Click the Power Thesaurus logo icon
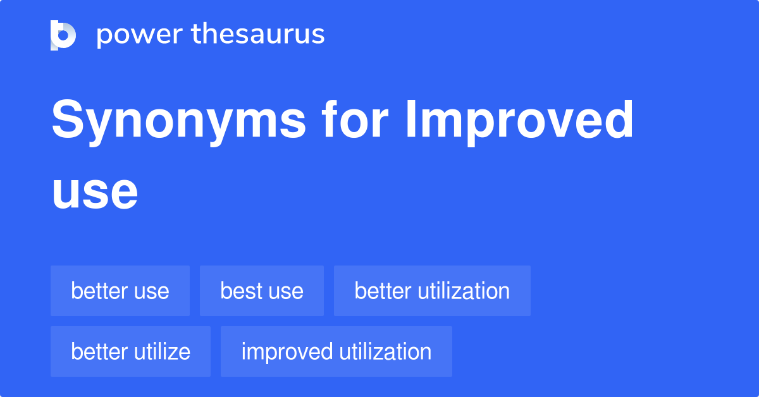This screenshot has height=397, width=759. (63, 35)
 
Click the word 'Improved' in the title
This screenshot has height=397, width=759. (519, 122)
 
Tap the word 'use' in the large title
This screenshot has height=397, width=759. (95, 193)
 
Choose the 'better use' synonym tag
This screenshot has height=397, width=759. (120, 291)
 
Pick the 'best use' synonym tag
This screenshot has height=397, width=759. (262, 291)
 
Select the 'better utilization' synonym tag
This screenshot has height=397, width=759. (432, 291)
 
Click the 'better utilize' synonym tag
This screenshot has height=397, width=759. (130, 351)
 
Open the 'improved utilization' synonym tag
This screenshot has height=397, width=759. (336, 351)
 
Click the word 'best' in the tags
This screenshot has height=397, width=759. (240, 291)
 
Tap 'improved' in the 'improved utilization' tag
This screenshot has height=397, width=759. (287, 351)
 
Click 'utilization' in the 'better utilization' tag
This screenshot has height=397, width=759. (463, 291)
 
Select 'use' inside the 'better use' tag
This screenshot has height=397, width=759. (152, 291)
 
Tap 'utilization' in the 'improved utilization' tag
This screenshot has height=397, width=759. (385, 351)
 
